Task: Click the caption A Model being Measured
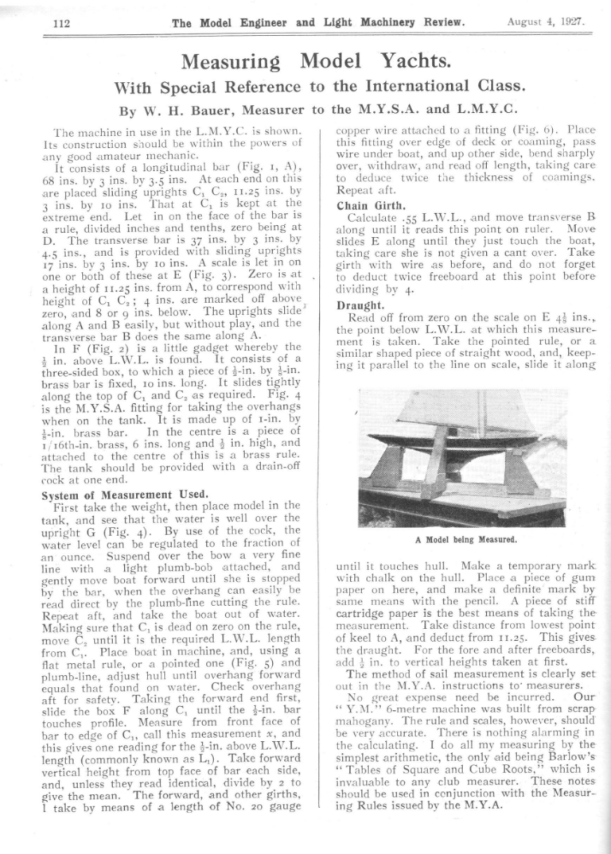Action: tap(465, 539)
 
